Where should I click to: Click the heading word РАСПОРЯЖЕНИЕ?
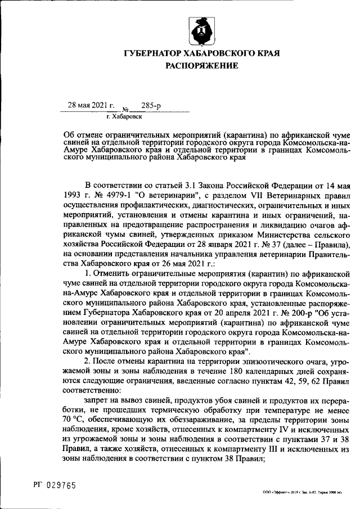(201, 66)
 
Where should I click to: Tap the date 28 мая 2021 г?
(91, 105)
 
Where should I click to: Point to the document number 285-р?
(151, 105)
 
